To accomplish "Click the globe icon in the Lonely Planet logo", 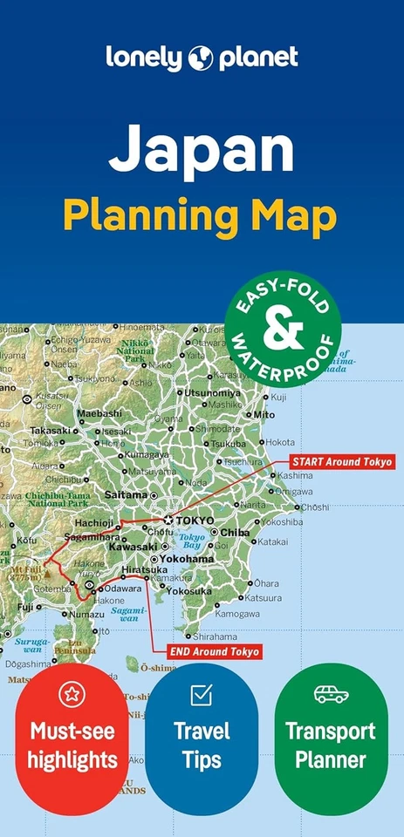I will pos(201,58).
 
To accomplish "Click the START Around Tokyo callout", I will pos(341,461).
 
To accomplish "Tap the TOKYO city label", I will pos(195,521).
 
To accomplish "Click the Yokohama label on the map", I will pos(187,559).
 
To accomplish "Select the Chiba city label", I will pos(235,532).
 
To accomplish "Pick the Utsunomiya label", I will pos(212,392).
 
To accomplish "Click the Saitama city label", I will pos(127,494).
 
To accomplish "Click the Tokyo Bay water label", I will pos(192,541).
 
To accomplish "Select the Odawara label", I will pos(124,589).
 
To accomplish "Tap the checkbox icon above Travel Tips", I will pos(202,694).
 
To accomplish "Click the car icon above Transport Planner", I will pos(332,694).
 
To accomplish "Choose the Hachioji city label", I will pos(95,522).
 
